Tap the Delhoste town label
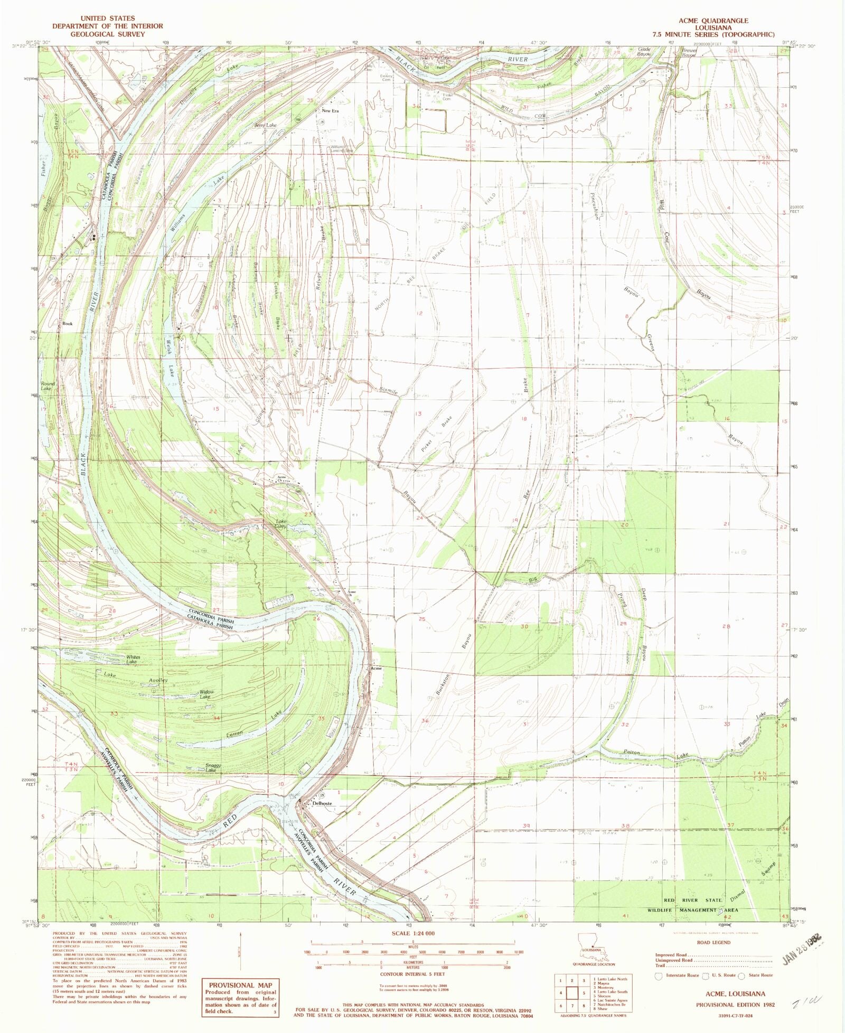pos(322,803)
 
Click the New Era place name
pos(331,111)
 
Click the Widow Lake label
pos(206,694)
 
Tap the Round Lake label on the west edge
pos(48,386)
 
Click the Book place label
pos(67,323)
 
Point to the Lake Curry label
pos(281,524)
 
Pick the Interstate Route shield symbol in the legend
pos(659,976)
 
